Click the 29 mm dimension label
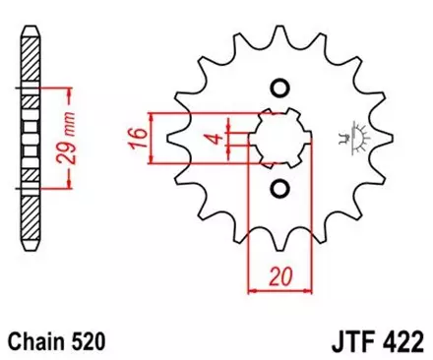click(72, 138)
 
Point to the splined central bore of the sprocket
click(278, 138)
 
